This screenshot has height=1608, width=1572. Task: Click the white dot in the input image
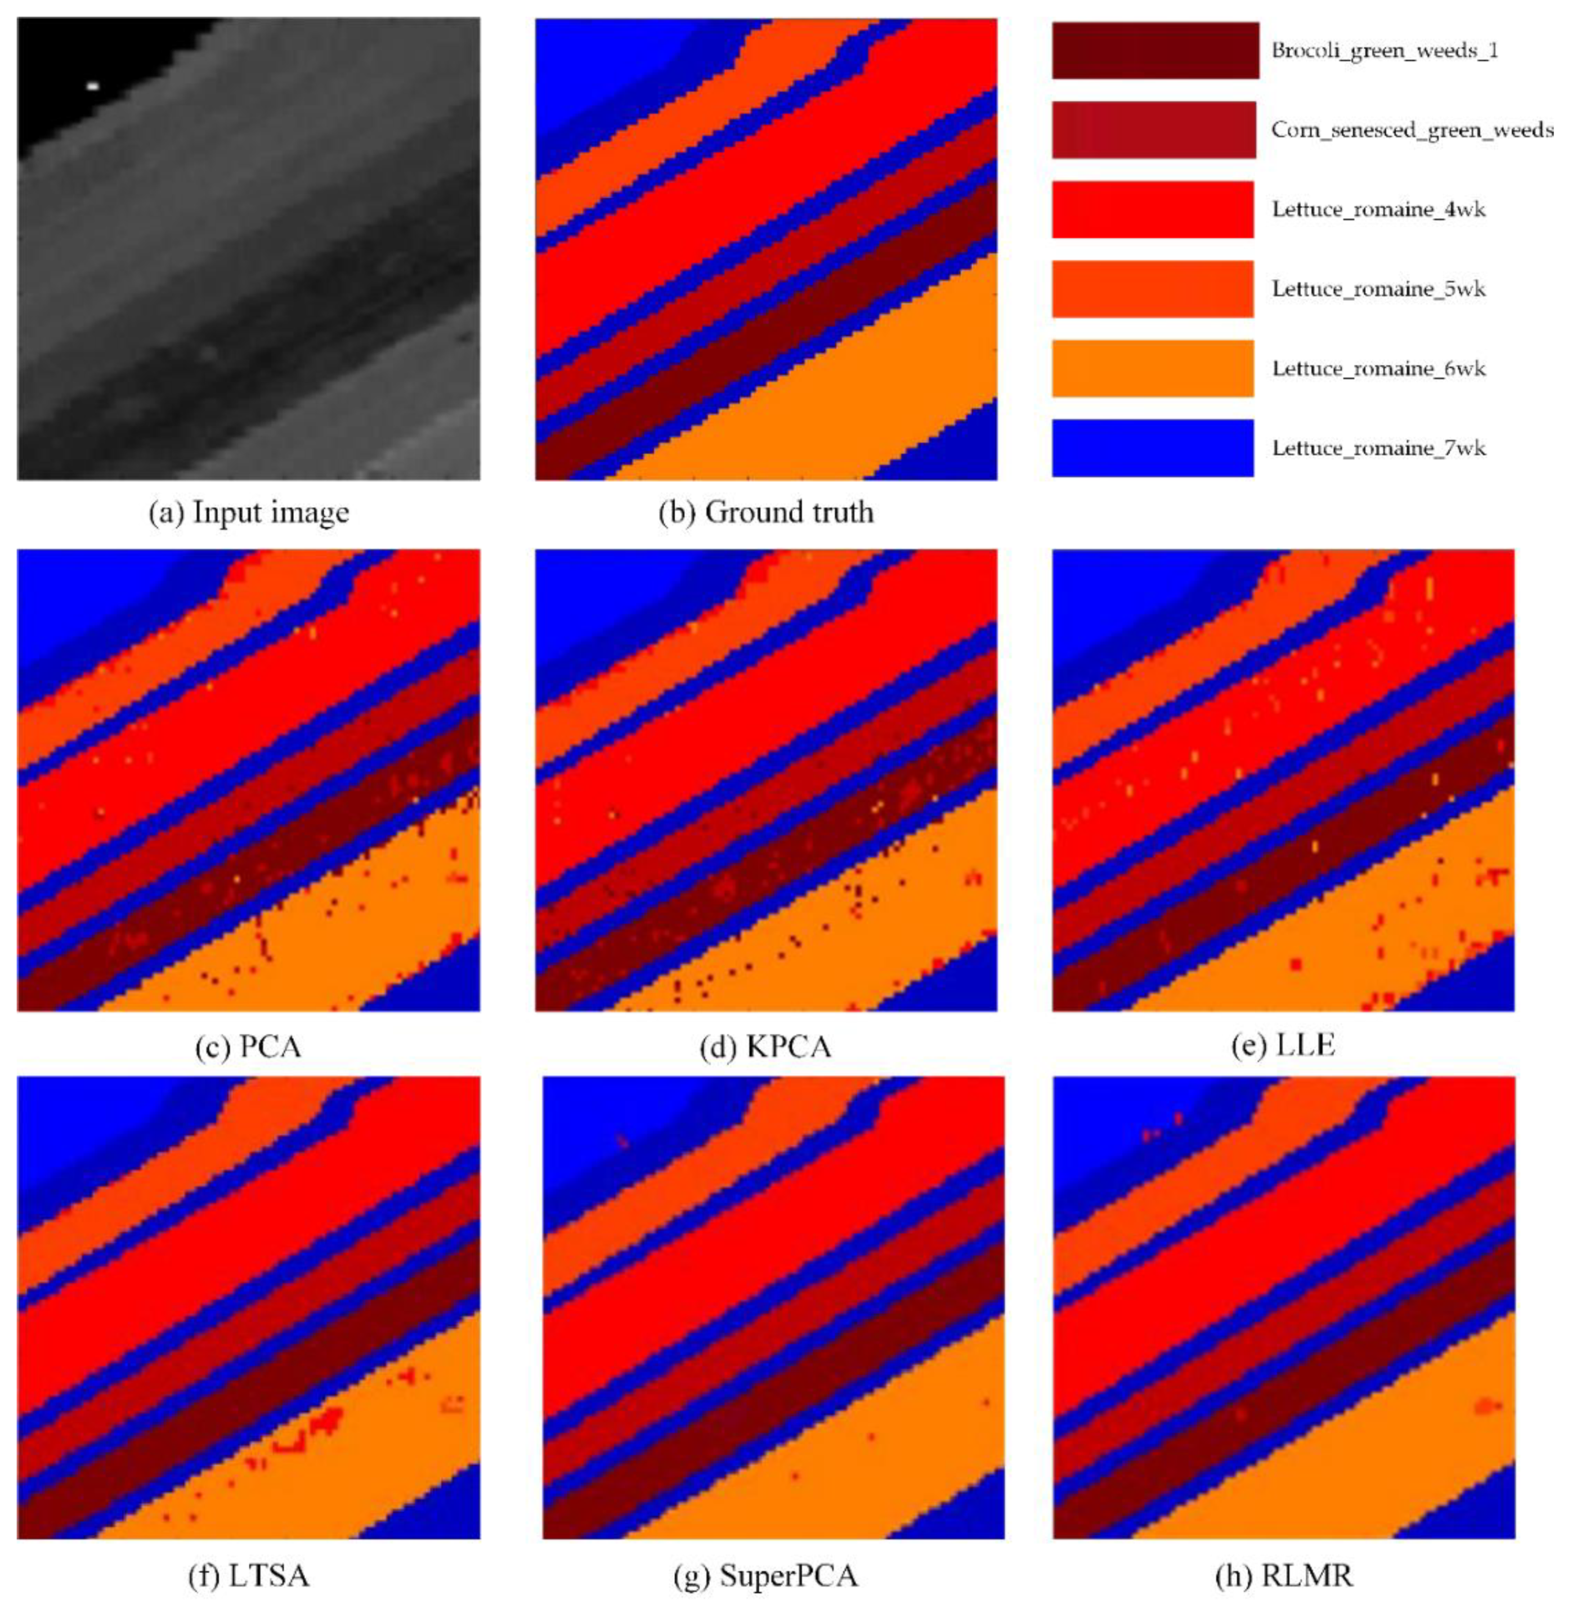click(93, 85)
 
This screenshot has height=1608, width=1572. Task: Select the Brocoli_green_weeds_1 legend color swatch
click(1154, 50)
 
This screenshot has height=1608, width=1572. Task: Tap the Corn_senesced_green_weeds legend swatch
click(1153, 129)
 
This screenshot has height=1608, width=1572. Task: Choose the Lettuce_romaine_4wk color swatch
click(1152, 209)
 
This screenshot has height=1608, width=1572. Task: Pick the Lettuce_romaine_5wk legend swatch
click(1152, 289)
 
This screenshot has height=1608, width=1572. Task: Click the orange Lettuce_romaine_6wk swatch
click(1152, 368)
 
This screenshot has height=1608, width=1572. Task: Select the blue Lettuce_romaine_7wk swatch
click(1152, 448)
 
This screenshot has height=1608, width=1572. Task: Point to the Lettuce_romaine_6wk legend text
click(1378, 368)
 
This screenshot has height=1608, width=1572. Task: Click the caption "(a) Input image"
click(249, 513)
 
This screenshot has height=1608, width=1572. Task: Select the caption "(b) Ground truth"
click(765, 513)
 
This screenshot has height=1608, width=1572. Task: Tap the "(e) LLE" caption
click(1283, 1046)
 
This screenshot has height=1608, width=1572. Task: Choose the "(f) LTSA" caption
click(249, 1576)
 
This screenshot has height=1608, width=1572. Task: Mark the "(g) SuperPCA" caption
click(765, 1576)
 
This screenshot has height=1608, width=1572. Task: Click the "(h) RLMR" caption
click(1283, 1576)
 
